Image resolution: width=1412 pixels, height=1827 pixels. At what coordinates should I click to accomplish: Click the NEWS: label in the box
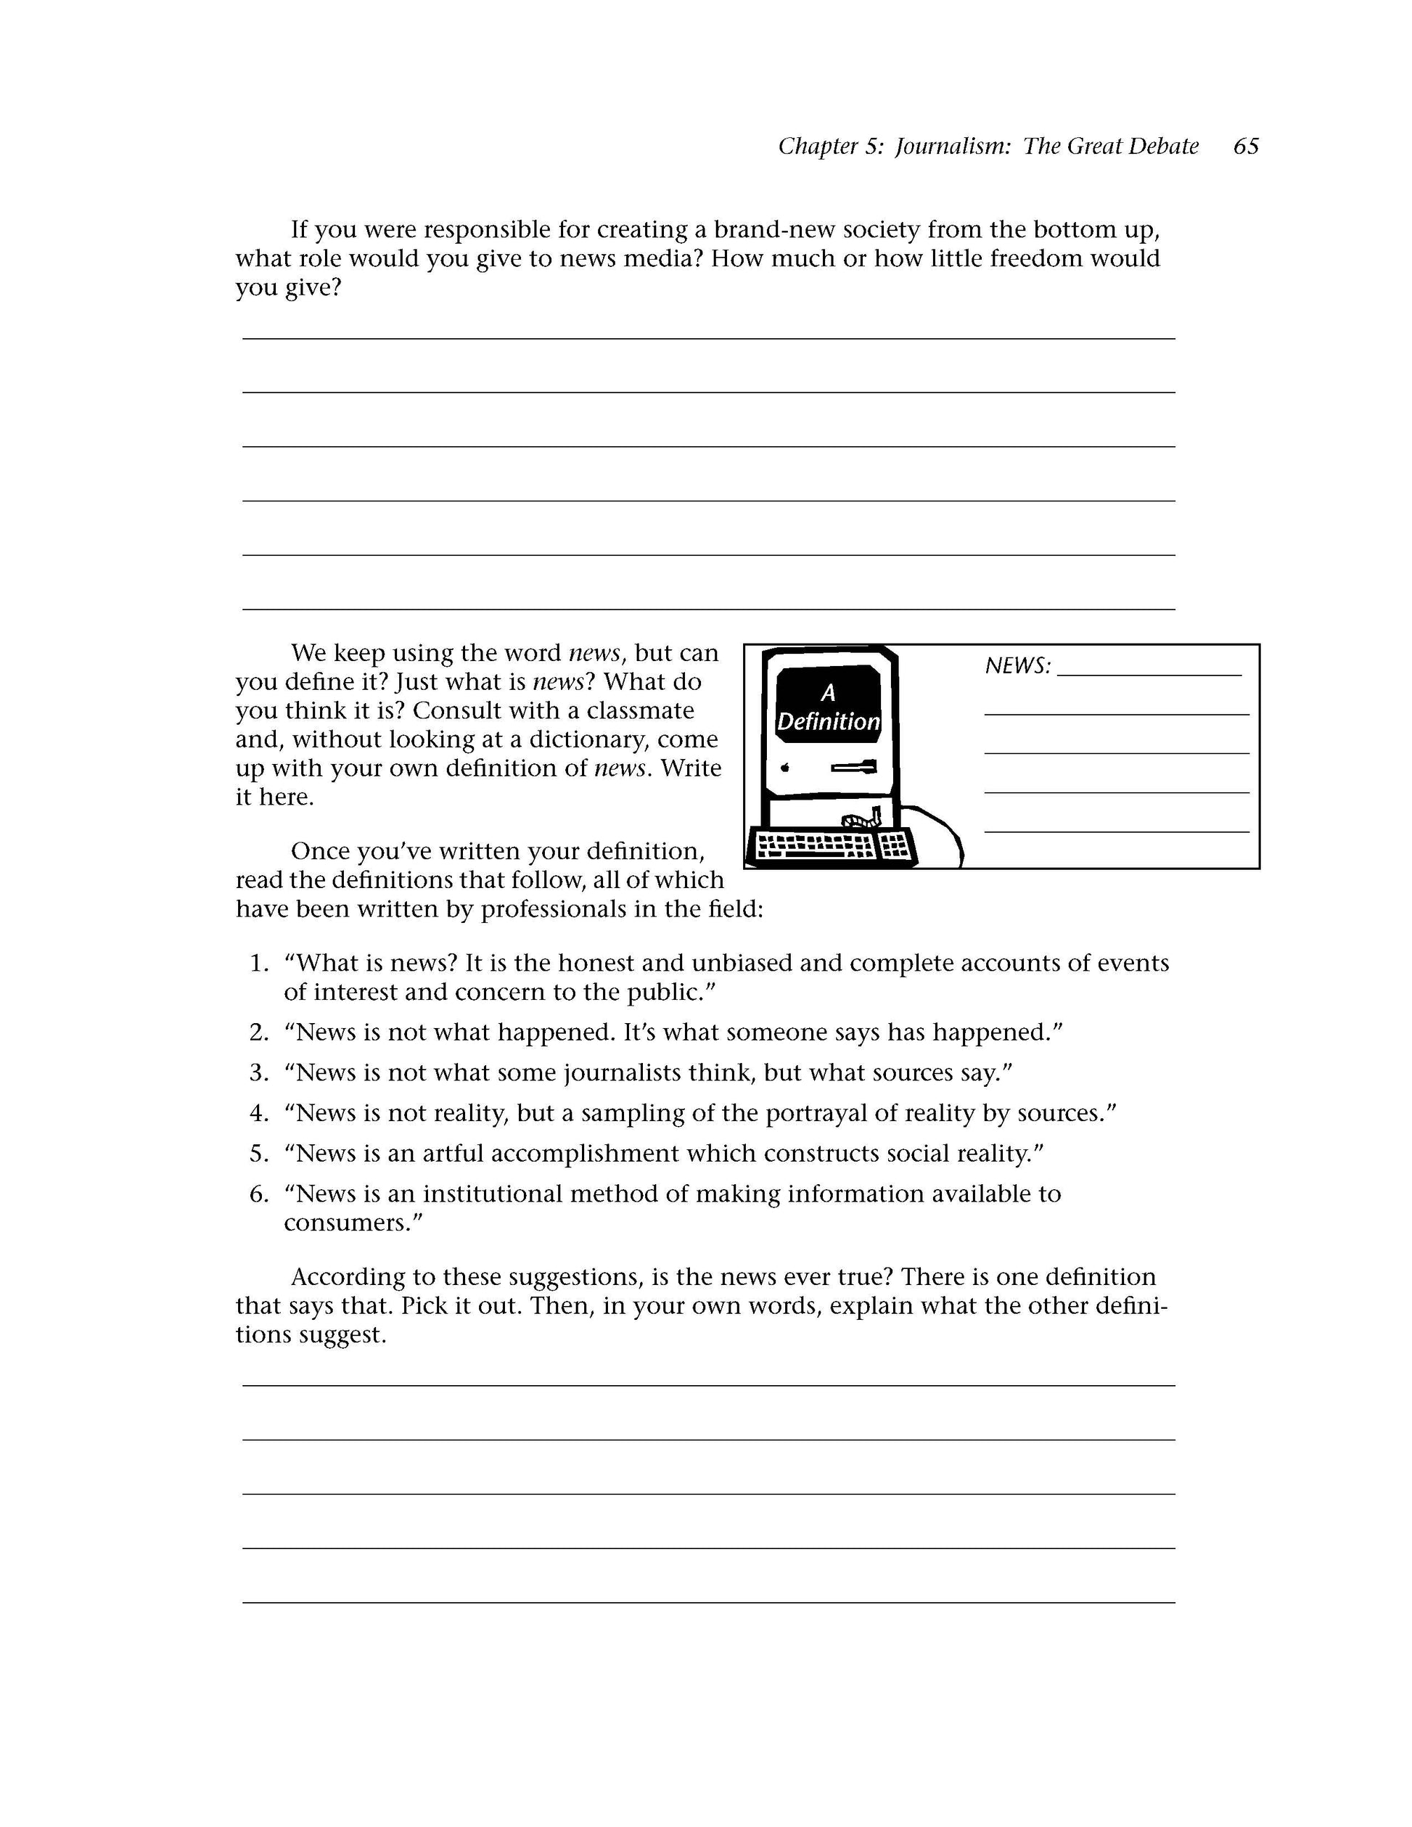pos(1017,666)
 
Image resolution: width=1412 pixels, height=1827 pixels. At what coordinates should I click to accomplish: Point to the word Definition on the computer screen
pos(828,722)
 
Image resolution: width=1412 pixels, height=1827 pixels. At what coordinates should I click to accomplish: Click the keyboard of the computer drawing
pos(833,846)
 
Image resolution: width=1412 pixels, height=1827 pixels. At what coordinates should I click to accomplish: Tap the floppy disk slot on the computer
pos(854,766)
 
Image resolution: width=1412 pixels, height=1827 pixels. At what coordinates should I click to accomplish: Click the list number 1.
pos(259,964)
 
